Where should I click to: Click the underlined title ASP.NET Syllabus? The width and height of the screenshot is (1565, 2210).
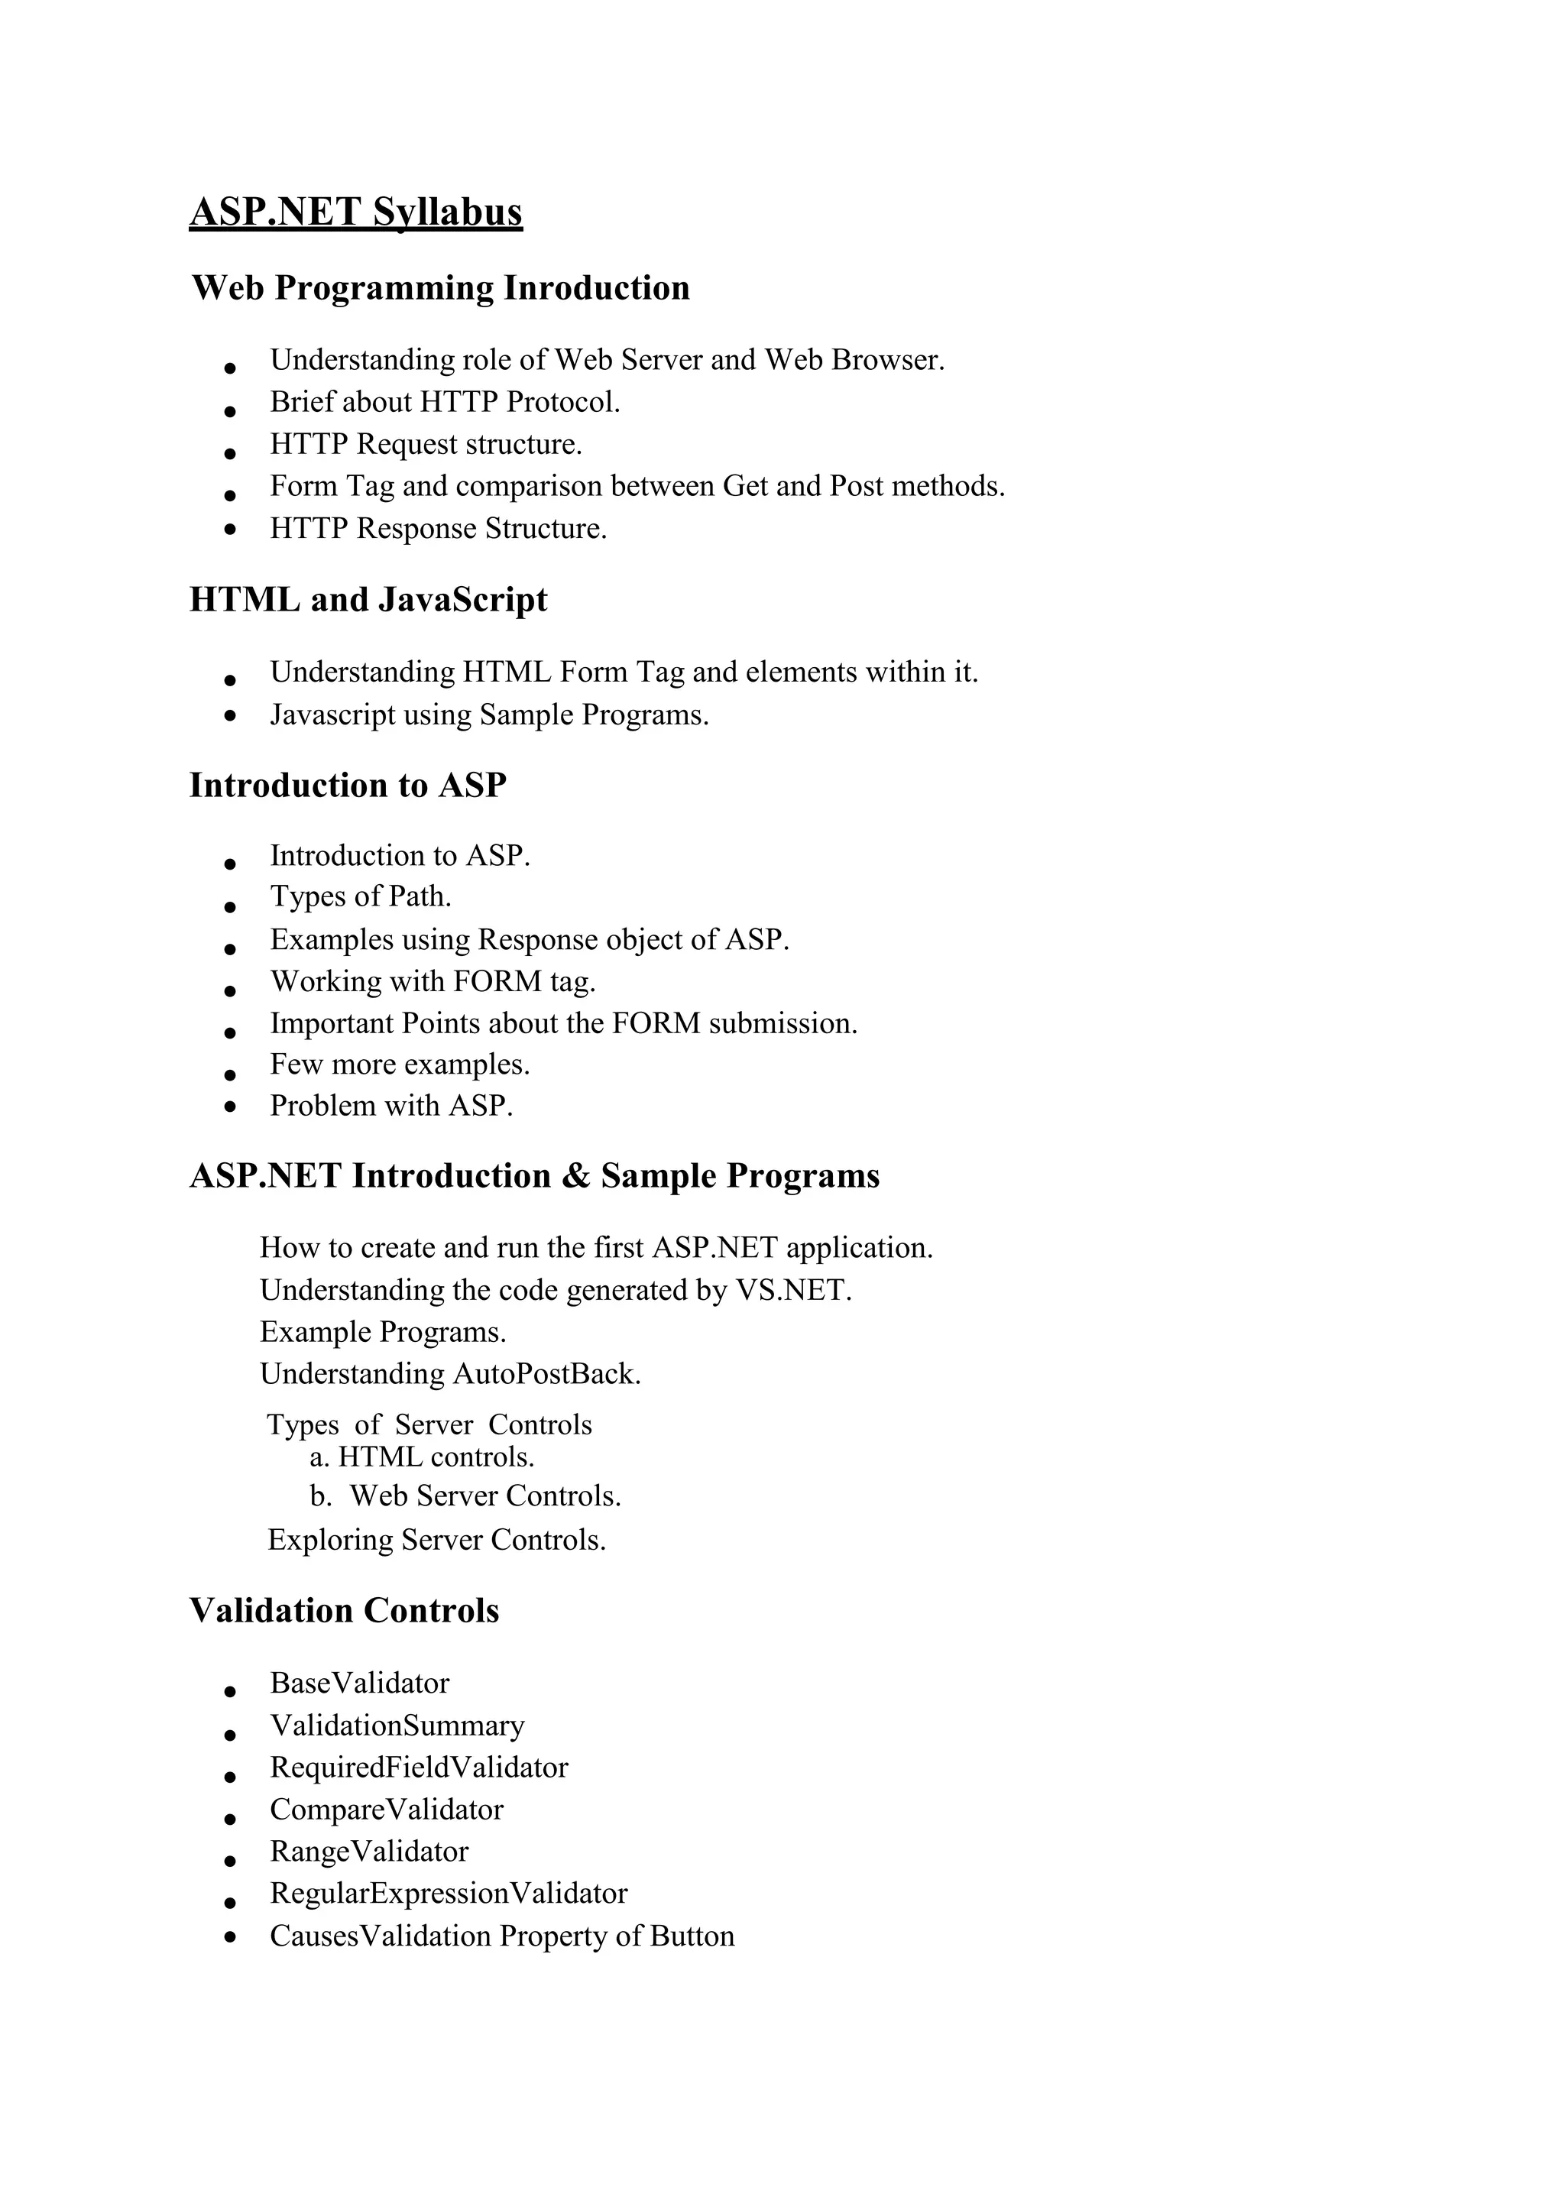coord(355,212)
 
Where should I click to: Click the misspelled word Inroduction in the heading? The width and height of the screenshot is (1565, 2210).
coord(597,288)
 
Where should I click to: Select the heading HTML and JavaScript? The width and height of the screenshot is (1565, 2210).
coord(368,599)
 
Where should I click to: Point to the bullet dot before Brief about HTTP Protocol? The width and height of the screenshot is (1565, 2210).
coord(229,410)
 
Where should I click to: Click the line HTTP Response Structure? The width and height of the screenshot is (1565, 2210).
coord(439,528)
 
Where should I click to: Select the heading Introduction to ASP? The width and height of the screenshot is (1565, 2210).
coord(348,786)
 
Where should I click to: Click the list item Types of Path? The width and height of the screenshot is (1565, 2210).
coord(361,896)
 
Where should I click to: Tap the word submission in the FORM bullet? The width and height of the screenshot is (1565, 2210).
coord(782,1022)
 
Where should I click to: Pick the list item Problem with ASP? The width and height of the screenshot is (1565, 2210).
coord(391,1106)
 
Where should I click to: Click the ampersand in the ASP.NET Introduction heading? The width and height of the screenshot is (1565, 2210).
coord(575,1176)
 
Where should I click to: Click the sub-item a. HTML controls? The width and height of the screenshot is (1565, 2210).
coord(422,1457)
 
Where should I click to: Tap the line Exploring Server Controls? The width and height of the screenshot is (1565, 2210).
coord(436,1539)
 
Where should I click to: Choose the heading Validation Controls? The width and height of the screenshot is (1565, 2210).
coord(344,1611)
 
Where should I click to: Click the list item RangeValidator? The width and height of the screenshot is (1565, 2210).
coord(369,1852)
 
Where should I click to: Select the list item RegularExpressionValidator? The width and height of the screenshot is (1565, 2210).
coord(448,1893)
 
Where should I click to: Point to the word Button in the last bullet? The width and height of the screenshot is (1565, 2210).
coord(692,1936)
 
